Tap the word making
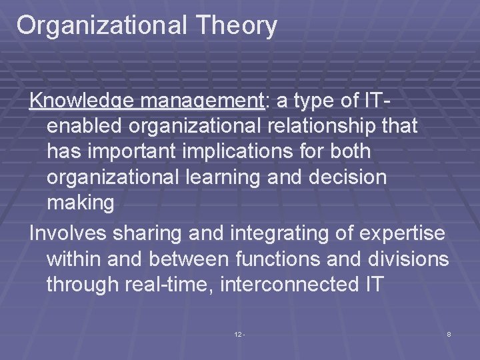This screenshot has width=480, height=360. pyautogui.click(x=81, y=202)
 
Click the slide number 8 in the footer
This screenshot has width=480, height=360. pyautogui.click(x=449, y=333)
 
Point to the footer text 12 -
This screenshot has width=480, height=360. pyautogui.click(x=240, y=333)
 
